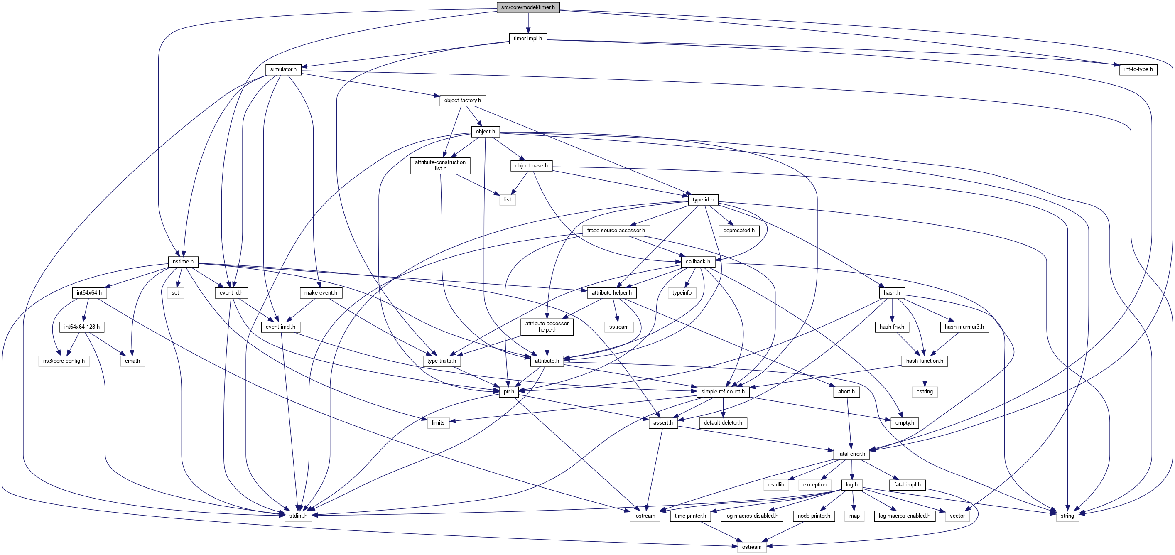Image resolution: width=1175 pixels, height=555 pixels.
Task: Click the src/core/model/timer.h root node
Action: (x=528, y=7)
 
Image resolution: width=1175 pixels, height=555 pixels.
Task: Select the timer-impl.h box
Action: (x=528, y=38)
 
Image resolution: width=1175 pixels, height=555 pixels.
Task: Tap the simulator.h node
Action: (x=283, y=69)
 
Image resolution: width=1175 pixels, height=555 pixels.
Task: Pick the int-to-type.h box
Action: (x=1138, y=69)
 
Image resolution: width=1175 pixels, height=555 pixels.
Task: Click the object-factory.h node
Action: (x=463, y=101)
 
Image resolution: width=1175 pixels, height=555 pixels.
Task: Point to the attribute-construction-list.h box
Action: (x=440, y=165)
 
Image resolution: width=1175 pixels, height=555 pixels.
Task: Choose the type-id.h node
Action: (x=703, y=199)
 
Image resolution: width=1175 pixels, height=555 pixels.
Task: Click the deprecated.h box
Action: (x=739, y=230)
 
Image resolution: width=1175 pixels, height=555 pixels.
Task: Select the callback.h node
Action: (x=698, y=261)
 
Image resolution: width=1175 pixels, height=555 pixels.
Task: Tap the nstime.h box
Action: (x=183, y=261)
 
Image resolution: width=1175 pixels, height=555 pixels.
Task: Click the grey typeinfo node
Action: (x=682, y=293)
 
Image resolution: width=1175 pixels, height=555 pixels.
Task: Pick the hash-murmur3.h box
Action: (x=964, y=327)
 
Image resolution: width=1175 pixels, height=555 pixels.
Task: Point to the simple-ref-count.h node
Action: (x=723, y=391)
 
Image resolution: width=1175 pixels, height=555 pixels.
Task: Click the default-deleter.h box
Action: (x=723, y=423)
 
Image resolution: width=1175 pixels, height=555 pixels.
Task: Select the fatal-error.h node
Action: (x=851, y=454)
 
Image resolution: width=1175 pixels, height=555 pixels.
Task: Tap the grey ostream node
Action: (x=752, y=547)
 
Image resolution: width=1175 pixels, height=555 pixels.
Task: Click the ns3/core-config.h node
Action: (x=64, y=361)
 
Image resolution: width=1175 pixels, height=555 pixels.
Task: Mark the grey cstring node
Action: (x=925, y=391)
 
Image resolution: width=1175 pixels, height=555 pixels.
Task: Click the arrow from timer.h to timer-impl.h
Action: (x=528, y=23)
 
